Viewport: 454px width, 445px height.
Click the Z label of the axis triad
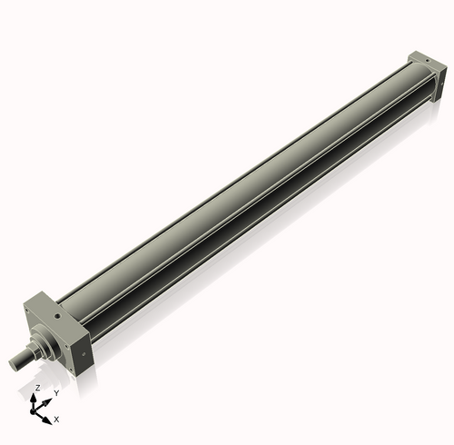[x=36, y=387]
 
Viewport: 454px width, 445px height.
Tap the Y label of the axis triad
[x=56, y=392]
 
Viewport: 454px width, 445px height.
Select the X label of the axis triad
[x=56, y=420]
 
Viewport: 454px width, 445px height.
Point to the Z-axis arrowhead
[x=37, y=396]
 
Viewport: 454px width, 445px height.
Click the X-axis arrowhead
[x=49, y=417]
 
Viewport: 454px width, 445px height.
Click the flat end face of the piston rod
[x=14, y=364]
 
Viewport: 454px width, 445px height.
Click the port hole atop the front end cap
[x=56, y=307]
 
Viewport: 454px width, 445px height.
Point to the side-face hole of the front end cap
[x=83, y=346]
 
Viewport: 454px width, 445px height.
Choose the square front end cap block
[x=59, y=331]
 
